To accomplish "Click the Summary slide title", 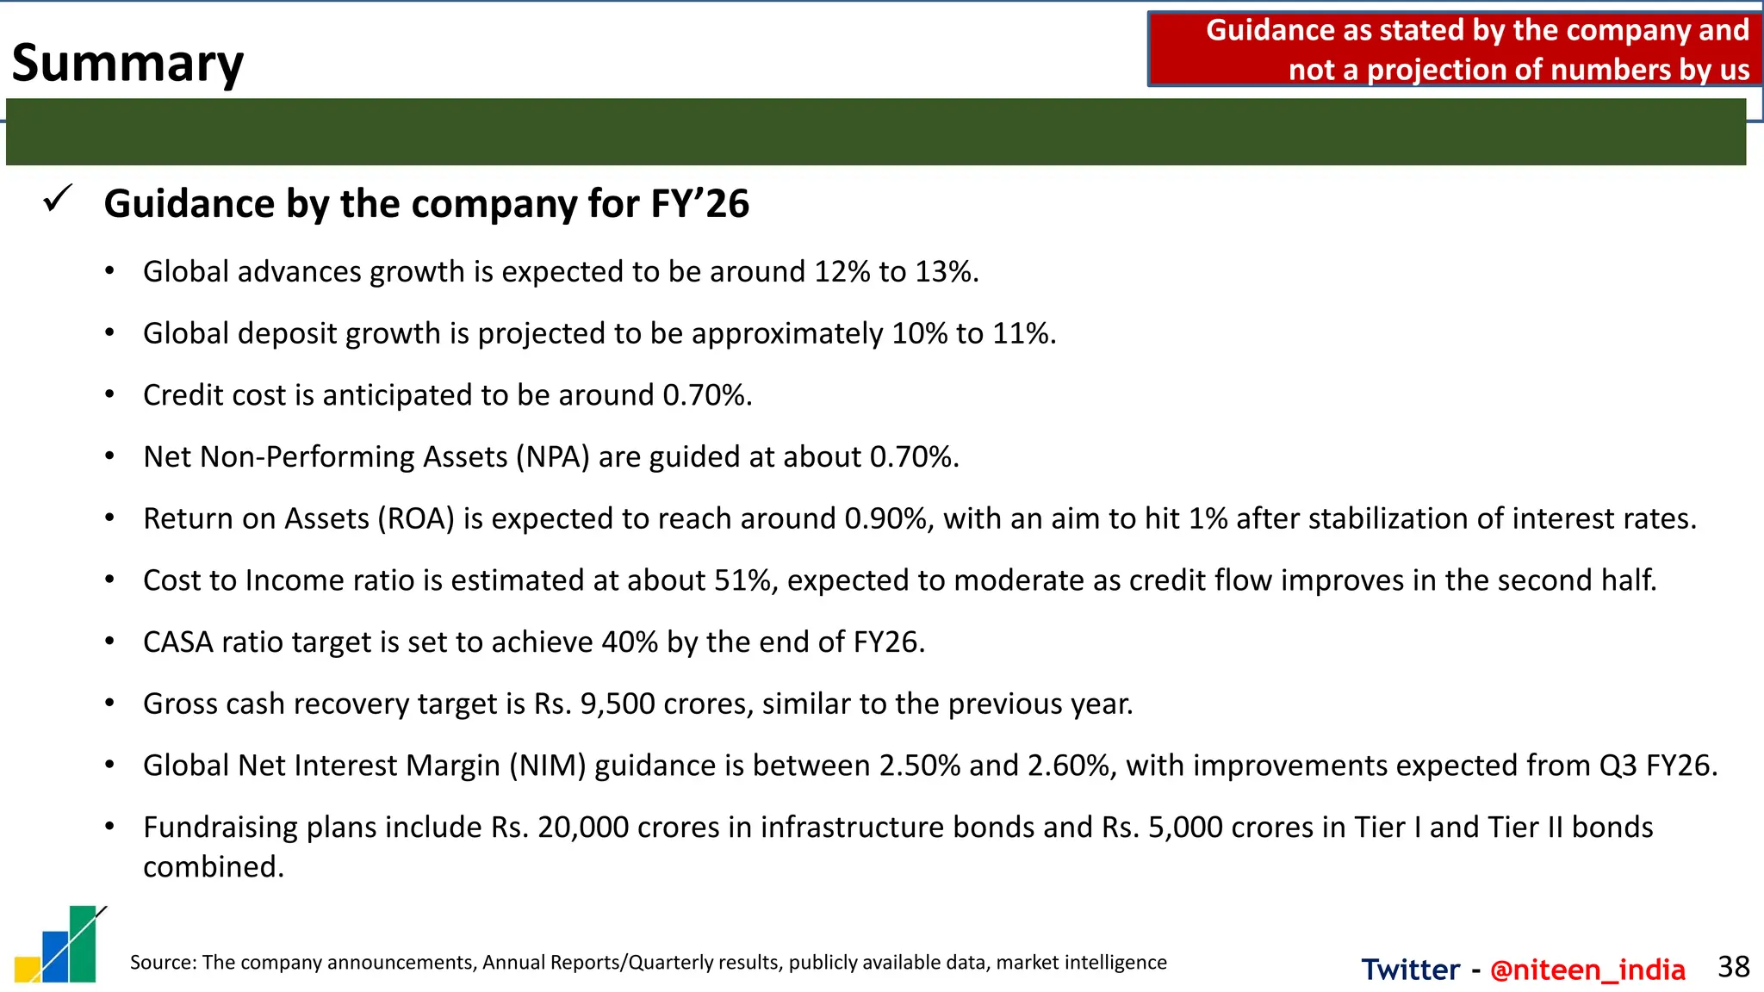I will point(127,64).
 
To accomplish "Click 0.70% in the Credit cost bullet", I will point(706,395).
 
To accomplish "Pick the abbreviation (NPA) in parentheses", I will point(553,457).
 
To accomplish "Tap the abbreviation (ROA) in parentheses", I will point(416,519).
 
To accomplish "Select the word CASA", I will point(177,642).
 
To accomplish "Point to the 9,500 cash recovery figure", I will point(618,704).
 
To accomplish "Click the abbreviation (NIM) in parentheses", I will point(547,766).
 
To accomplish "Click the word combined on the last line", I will point(213,867).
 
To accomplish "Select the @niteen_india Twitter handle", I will point(1587,970).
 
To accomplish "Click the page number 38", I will point(1733,967).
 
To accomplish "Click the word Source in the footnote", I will point(162,963).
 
